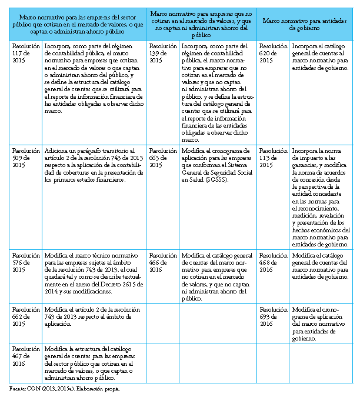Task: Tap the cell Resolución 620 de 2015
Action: tap(272, 52)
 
